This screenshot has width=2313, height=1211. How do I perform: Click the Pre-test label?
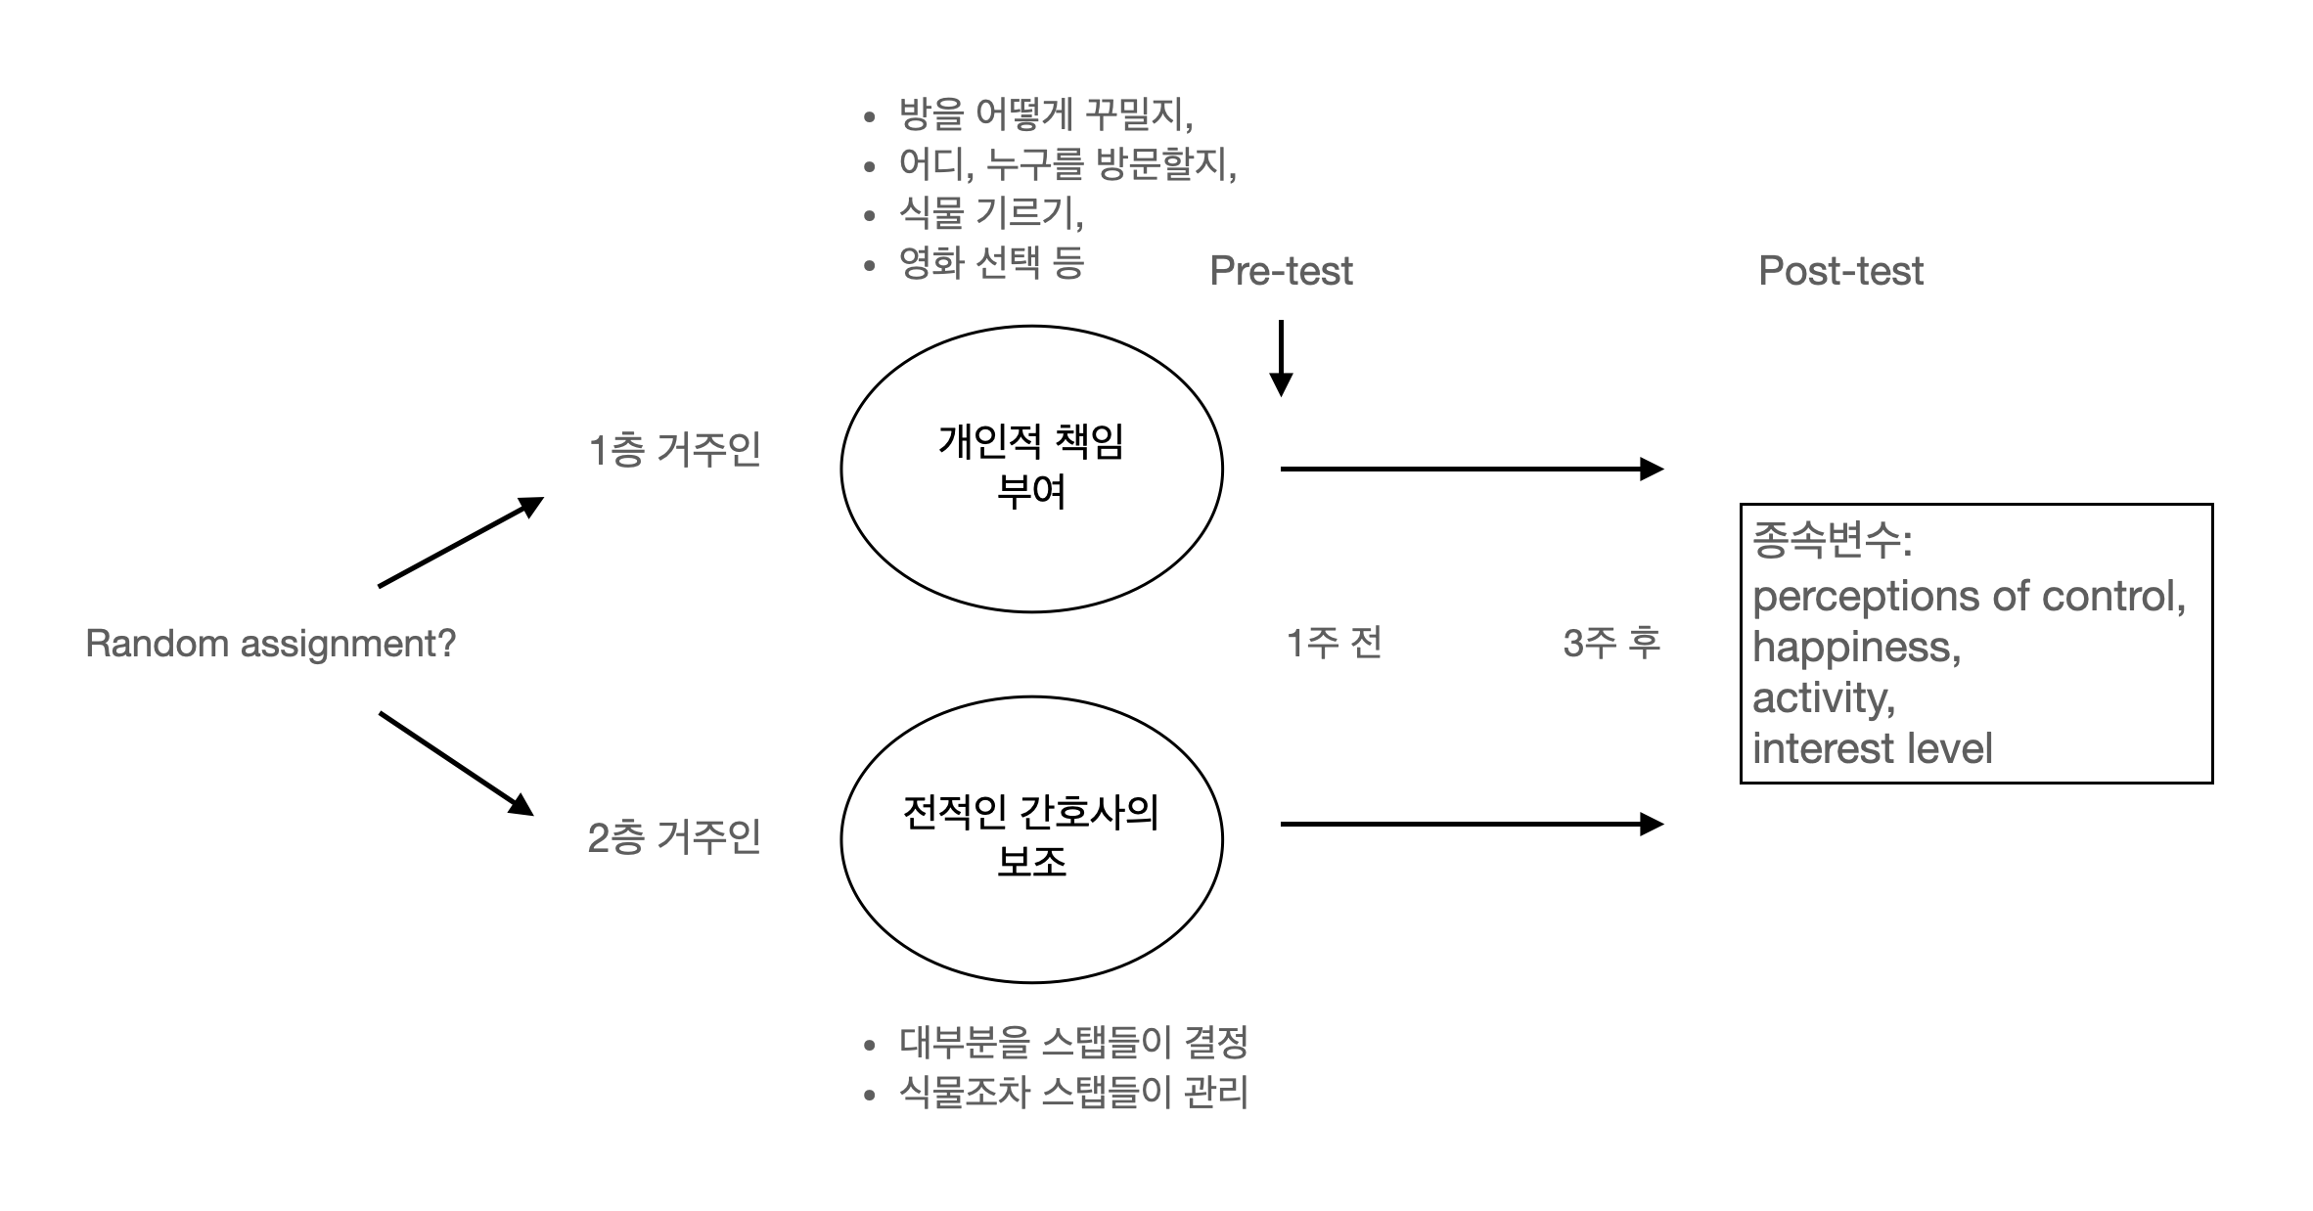click(1281, 271)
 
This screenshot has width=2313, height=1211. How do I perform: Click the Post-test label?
click(1840, 271)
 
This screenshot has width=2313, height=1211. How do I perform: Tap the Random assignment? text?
click(270, 644)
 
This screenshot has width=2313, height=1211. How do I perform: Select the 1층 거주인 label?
click(674, 450)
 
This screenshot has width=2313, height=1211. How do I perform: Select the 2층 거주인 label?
click(674, 837)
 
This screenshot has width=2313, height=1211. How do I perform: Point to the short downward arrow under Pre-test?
click(1281, 358)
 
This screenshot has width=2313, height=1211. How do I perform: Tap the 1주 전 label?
click(1334, 644)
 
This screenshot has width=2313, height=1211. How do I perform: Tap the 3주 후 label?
click(1611, 644)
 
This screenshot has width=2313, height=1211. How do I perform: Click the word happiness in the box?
click(1856, 648)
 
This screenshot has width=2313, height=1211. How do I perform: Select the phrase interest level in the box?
click(1872, 749)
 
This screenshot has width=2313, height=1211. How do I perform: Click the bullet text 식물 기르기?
click(990, 212)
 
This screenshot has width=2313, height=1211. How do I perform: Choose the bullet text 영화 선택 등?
click(990, 262)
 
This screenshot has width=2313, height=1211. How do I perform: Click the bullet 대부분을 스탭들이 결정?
click(1072, 1042)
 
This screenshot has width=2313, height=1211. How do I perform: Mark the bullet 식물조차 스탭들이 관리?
click(1072, 1092)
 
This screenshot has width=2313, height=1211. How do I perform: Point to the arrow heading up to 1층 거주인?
click(460, 542)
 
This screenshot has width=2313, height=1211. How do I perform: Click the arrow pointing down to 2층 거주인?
click(456, 763)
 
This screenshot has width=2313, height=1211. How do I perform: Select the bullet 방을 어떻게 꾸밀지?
click(1045, 114)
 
